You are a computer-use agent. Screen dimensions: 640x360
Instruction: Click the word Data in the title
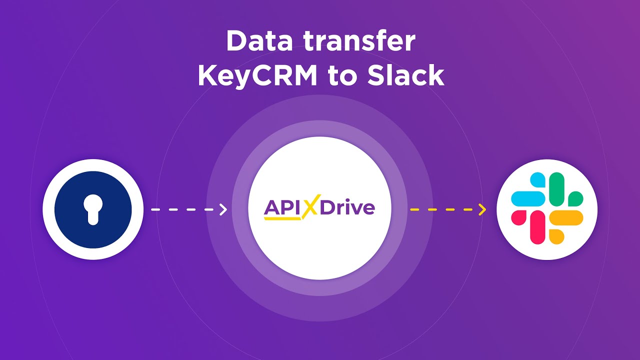pyautogui.click(x=259, y=41)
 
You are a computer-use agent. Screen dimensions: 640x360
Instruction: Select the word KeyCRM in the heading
pyautogui.click(x=257, y=75)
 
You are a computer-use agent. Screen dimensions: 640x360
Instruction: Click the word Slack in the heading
pyautogui.click(x=405, y=75)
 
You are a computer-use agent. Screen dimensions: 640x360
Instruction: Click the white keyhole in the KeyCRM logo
pyautogui.click(x=93, y=209)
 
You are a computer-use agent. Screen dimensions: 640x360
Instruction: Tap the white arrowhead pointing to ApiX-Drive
pyautogui.click(x=223, y=209)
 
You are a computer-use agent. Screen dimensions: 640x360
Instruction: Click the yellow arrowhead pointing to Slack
pyautogui.click(x=482, y=209)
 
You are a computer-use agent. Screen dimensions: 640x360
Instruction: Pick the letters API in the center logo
pyautogui.click(x=283, y=207)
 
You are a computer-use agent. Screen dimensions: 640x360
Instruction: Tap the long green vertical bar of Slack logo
pyautogui.click(x=556, y=189)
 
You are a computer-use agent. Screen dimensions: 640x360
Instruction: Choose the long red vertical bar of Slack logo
pyautogui.click(x=537, y=227)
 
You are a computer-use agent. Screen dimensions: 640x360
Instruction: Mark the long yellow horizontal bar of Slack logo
pyautogui.click(x=566, y=217)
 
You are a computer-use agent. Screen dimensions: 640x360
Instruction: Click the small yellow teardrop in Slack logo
pyautogui.click(x=556, y=236)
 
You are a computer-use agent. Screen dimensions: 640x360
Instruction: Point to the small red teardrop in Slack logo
pyautogui.click(x=518, y=217)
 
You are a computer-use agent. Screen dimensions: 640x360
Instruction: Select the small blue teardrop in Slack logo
pyautogui.click(x=537, y=179)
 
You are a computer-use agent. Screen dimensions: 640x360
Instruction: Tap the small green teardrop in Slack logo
pyautogui.click(x=575, y=198)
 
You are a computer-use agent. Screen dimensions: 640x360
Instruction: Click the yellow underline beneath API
pyautogui.click(x=282, y=218)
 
